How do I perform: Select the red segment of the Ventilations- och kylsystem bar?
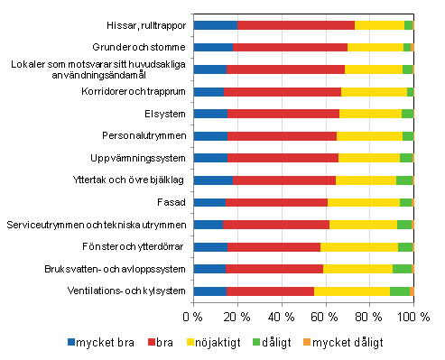[270, 291]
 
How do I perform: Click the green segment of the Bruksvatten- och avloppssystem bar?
[402, 268]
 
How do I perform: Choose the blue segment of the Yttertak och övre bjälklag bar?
[212, 180]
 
